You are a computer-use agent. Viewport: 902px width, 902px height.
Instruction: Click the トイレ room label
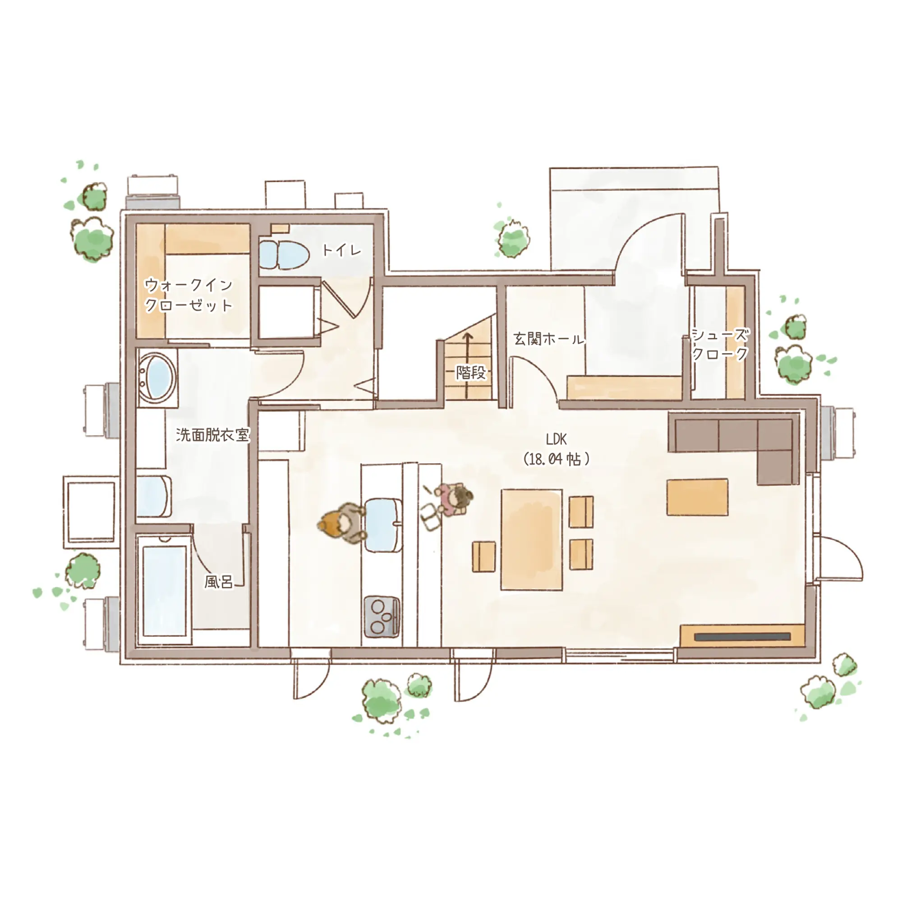point(342,250)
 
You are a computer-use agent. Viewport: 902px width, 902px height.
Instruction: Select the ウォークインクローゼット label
point(189,295)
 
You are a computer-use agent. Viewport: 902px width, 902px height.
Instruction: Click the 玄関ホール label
point(548,339)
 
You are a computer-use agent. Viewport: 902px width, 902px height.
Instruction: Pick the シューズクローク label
point(719,344)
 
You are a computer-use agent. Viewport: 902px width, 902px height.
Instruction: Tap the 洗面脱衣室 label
point(213,435)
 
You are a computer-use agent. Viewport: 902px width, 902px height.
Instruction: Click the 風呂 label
point(218,582)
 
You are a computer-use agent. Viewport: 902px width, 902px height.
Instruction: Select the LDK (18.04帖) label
point(556,449)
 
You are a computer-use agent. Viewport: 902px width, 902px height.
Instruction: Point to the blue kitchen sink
point(383,525)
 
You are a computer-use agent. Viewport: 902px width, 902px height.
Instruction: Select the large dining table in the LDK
point(531,540)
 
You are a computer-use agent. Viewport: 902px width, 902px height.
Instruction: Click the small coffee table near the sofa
point(697,497)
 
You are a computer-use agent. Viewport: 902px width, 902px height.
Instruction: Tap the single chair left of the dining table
point(483,557)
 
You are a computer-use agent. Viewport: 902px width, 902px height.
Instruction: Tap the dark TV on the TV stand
point(742,637)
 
